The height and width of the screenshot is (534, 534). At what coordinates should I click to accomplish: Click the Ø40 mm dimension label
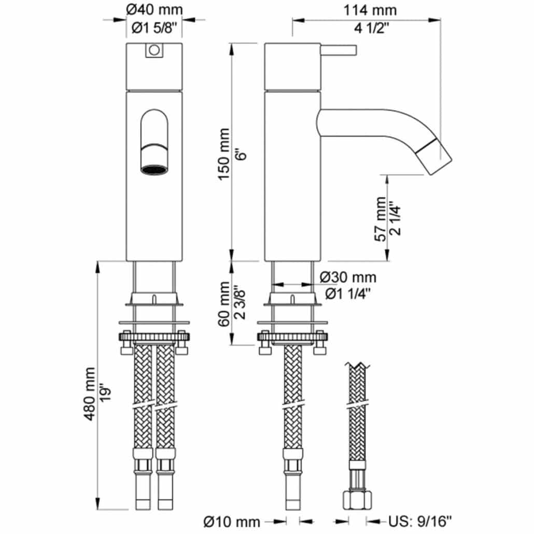(154, 9)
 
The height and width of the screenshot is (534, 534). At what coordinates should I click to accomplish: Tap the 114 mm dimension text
(370, 10)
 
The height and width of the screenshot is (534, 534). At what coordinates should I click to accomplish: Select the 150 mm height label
(224, 154)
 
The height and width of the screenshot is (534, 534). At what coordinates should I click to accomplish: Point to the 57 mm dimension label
(381, 219)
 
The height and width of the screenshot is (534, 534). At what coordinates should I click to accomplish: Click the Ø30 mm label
(348, 277)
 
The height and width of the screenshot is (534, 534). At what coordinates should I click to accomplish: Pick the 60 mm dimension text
(224, 304)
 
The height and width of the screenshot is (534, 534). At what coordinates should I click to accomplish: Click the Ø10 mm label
(232, 522)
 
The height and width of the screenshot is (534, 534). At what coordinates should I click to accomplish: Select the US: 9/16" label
(420, 521)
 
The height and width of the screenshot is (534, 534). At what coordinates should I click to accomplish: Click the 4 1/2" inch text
(371, 29)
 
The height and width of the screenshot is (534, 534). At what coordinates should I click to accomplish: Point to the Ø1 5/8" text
(154, 29)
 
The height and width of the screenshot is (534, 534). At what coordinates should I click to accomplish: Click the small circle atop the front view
(154, 50)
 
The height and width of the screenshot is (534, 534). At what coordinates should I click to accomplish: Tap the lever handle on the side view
(338, 50)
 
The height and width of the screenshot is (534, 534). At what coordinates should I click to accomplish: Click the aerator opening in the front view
(154, 169)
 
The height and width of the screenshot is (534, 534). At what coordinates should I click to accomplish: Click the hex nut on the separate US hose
(357, 500)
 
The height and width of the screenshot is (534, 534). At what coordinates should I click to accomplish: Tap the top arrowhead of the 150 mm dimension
(232, 49)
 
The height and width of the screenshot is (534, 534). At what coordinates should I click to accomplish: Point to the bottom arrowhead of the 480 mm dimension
(98, 504)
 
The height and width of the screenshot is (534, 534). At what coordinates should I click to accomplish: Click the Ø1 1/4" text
(347, 293)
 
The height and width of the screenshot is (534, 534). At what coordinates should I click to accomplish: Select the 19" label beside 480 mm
(106, 394)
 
